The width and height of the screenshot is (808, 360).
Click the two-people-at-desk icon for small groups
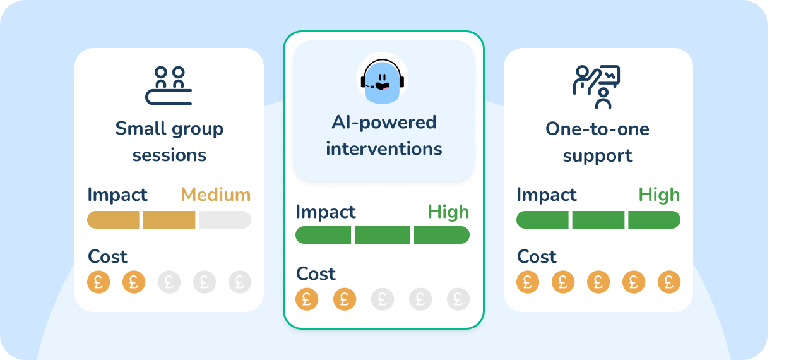pos(169,85)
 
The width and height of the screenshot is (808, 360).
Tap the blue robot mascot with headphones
pos(383,81)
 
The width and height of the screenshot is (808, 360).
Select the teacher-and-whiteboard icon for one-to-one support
pos(597,87)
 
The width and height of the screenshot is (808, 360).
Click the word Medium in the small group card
pos(216,195)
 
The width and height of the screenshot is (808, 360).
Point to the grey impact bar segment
pos(225,220)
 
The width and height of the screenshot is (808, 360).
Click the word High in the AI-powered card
pos(448,212)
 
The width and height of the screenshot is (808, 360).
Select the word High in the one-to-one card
pos(659,195)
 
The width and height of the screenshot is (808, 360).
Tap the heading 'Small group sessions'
pos(169,141)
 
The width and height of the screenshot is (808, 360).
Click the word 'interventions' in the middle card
pos(384,148)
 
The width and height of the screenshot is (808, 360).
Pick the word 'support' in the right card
pos(597,156)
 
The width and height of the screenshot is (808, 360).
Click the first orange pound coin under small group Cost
pos(98,282)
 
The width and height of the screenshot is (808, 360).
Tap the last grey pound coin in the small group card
pos(240,282)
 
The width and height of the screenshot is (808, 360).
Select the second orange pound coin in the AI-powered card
pos(345,299)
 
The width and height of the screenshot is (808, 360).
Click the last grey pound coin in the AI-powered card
pos(458,299)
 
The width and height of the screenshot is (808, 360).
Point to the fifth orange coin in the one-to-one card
pos(669,282)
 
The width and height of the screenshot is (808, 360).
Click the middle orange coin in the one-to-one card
pos(598,282)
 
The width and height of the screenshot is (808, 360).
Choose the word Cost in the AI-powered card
pos(316,273)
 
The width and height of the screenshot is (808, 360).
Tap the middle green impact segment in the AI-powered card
pos(383,235)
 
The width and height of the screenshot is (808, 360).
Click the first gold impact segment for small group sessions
pos(113,220)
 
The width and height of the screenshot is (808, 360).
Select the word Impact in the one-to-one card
pos(547,195)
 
